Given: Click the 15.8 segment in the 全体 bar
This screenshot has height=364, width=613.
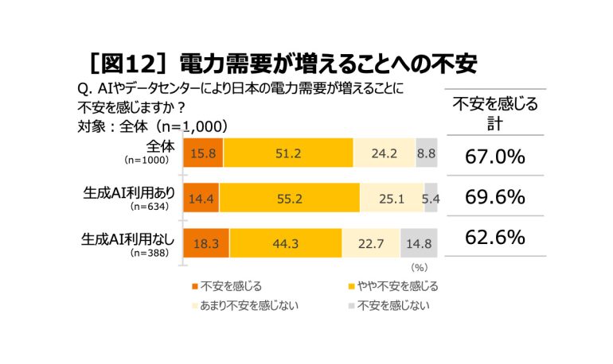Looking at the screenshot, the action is [x=203, y=153].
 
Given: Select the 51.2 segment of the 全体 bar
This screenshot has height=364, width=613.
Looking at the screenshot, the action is [x=288, y=153].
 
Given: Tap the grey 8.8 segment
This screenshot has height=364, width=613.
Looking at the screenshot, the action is [x=427, y=153].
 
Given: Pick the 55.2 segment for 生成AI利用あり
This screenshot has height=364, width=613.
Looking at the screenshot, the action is [x=290, y=198].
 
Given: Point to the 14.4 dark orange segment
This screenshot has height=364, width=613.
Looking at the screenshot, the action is [x=201, y=198].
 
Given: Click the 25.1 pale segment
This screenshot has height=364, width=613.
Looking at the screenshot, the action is [x=392, y=198].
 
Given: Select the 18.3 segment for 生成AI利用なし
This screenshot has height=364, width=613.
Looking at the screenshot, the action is [x=206, y=243].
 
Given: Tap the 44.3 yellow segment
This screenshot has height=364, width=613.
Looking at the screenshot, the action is [x=286, y=243].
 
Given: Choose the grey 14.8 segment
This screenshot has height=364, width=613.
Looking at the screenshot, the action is [x=419, y=243].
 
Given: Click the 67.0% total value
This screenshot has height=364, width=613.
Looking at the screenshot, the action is [x=495, y=157].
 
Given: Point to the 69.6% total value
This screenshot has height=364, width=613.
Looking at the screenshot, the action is [x=495, y=197].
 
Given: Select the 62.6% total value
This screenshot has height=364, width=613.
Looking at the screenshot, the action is [x=495, y=237].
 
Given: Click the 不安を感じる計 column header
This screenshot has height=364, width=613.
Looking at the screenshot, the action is [x=495, y=114].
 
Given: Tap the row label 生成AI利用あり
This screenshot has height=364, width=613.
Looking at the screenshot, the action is [x=129, y=192].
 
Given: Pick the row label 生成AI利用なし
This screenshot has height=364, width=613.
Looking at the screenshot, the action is [x=127, y=239].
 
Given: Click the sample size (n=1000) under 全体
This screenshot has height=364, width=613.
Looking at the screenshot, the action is [x=146, y=160].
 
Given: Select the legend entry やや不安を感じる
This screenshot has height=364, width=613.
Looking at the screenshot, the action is [x=393, y=286].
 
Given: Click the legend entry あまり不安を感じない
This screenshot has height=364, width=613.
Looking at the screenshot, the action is [x=245, y=305].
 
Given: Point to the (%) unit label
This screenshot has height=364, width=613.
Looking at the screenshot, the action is [x=419, y=267].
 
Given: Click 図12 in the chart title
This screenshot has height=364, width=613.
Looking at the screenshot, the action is [x=129, y=64].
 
